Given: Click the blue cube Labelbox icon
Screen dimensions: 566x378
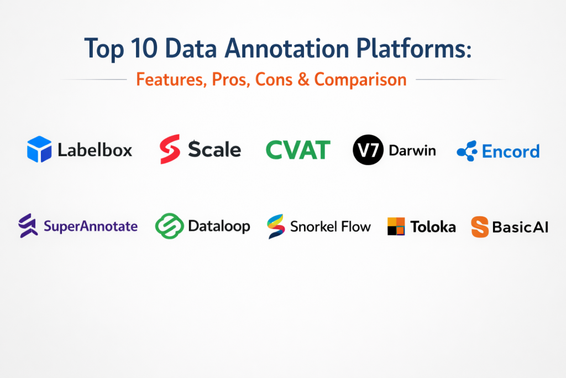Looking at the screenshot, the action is (x=39, y=149).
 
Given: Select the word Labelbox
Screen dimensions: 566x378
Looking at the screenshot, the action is (x=95, y=149).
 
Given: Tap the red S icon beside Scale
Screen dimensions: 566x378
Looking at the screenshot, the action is (x=170, y=149).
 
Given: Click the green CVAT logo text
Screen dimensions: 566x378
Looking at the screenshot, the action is (x=298, y=150).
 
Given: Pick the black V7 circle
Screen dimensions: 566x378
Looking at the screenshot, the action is (x=368, y=150).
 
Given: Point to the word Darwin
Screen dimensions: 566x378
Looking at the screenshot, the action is (x=412, y=151).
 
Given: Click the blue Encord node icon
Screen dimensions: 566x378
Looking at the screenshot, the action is (x=467, y=151).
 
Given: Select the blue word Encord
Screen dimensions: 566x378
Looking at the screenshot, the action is (x=511, y=152).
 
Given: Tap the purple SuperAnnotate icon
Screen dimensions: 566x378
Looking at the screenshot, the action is (x=28, y=225).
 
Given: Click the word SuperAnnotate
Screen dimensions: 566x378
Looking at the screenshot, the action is (x=91, y=226).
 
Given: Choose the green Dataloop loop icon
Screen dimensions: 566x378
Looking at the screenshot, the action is (x=169, y=226).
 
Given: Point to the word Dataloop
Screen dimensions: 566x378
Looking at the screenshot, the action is (x=219, y=226).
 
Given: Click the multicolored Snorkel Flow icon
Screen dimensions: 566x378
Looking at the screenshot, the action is (x=276, y=226).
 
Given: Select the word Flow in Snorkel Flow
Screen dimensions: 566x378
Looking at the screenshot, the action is (x=356, y=226).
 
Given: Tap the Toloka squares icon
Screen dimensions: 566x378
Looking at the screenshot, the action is (x=396, y=226).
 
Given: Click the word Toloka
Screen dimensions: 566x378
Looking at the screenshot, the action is (x=433, y=227).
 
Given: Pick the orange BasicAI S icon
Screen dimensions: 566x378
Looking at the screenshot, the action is (x=480, y=227).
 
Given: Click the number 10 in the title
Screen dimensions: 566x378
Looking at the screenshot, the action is (x=144, y=48).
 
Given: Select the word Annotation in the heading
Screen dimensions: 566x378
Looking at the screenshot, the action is (x=287, y=48).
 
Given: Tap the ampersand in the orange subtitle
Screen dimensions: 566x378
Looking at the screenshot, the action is (x=303, y=80).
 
